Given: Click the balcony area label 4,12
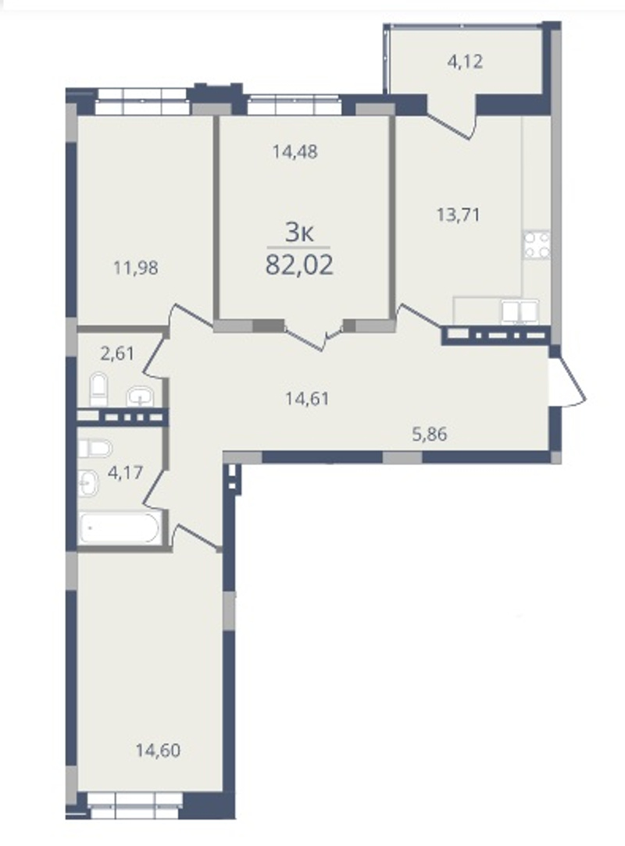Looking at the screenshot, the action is point(465,62).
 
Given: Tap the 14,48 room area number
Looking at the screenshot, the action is point(295,151).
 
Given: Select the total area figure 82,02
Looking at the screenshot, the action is point(299,265).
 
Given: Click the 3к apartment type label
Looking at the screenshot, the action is point(299,233).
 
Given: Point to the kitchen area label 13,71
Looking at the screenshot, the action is point(458,215).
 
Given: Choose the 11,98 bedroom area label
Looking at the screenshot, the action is point(136,267).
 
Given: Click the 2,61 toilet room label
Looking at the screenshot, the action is point(117,354).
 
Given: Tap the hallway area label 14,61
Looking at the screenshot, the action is point(307,398).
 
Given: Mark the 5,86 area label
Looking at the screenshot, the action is point(430,434).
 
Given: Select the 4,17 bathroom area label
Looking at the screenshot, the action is point(125,473).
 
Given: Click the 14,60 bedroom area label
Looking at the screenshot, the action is point(158,750).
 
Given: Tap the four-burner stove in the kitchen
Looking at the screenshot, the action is point(537,246).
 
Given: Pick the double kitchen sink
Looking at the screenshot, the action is point(520,312).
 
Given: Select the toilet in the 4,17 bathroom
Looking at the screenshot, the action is point(95,448).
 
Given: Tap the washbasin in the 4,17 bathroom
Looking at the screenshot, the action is point(88,483).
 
